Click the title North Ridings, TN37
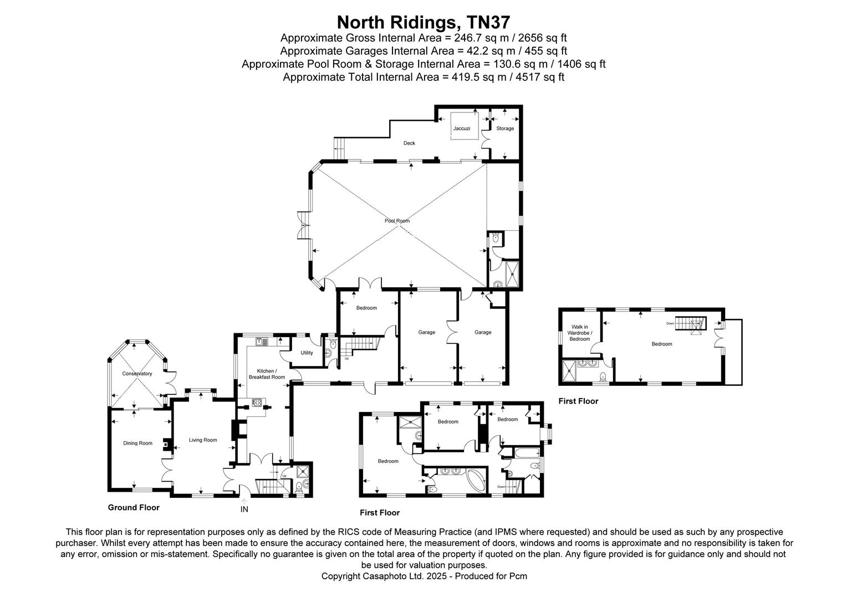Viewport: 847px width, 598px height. click(423, 22)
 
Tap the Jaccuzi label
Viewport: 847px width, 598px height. click(462, 128)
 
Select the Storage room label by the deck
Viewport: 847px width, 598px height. click(505, 128)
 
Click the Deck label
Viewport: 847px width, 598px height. click(409, 143)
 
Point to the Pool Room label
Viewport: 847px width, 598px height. click(397, 221)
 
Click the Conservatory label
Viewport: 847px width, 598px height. click(137, 374)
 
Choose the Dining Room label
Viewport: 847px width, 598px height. click(137, 443)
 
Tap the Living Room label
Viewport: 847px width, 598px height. click(203, 440)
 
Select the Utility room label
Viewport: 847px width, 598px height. click(307, 353)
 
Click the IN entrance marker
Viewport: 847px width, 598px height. click(244, 509)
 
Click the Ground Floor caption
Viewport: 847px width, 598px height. click(134, 507)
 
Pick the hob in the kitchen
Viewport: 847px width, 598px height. click(257, 403)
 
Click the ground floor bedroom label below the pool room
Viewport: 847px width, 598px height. click(366, 308)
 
